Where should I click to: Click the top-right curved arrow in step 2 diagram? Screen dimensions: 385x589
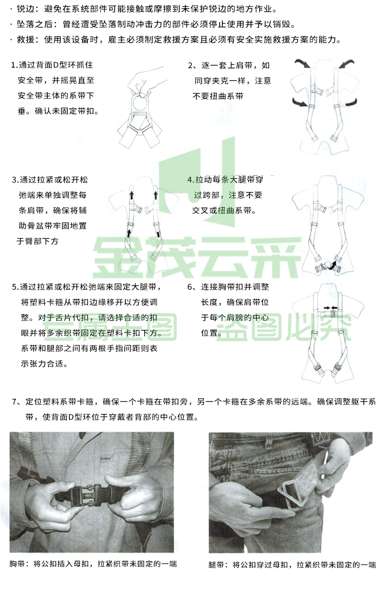pos(346,63)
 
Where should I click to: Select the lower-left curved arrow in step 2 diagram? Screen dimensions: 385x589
pos(301,102)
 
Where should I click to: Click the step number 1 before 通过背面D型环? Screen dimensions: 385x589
pos(13,66)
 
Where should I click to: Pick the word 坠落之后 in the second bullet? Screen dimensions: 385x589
pos(34,24)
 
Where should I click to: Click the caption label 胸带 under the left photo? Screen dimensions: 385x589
pos(17,563)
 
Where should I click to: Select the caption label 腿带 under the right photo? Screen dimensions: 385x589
pos(217,564)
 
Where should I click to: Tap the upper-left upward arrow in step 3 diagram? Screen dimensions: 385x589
pos(132,195)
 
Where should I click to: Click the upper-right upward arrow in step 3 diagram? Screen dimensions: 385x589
pos(156,195)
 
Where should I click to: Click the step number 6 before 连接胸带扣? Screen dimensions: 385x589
pos(190,287)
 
